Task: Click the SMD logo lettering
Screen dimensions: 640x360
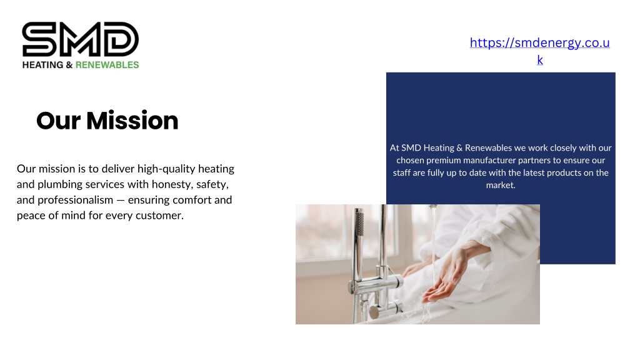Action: coord(81,39)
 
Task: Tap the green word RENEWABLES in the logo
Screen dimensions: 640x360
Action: coord(107,65)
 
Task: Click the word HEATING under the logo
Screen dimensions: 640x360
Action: coord(43,65)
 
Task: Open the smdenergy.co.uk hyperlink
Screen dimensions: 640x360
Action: coord(539,51)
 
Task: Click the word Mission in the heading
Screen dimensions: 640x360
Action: coord(132,121)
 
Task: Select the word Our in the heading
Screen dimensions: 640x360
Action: coord(58,121)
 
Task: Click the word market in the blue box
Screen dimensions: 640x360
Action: coord(499,185)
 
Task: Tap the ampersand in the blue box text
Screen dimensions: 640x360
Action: coord(459,147)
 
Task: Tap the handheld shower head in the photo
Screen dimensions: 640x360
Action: coord(358,222)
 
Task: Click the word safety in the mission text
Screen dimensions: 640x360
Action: coord(212,184)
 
